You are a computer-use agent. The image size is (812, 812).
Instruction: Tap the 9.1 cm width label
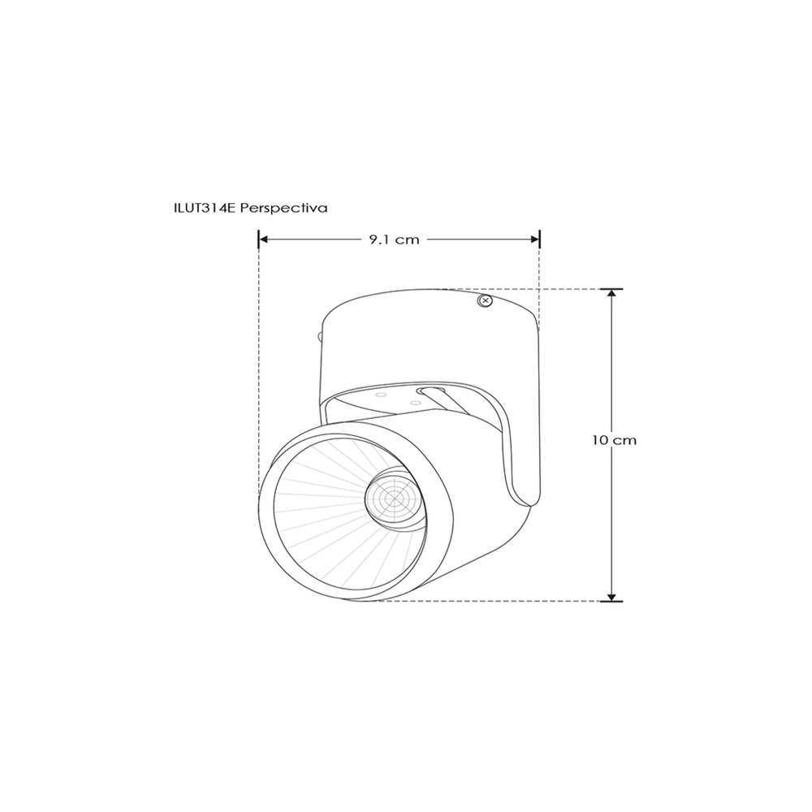394,240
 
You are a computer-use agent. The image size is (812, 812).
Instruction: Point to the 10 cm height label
614,440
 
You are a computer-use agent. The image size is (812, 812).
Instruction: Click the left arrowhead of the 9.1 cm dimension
264,240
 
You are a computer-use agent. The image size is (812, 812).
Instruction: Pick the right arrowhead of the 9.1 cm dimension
534,240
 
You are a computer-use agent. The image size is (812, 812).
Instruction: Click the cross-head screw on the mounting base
485,301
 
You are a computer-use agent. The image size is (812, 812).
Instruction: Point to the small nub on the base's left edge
320,334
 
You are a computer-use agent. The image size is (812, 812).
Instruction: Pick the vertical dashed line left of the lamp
258,365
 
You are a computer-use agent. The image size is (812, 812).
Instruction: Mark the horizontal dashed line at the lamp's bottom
487,601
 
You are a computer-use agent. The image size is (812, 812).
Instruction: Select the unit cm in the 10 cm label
625,440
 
